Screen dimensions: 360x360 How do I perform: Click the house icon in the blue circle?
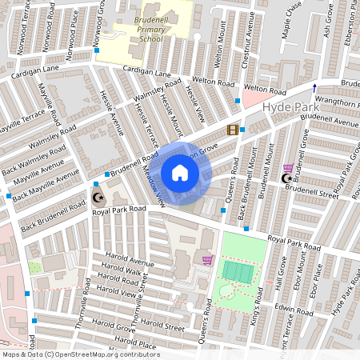[180, 173]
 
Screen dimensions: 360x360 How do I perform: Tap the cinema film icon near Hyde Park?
[232, 130]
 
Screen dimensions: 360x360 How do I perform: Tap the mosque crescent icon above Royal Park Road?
[98, 197]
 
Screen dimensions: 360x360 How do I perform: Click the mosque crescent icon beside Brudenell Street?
[286, 178]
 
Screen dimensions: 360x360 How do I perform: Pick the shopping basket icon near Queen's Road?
[207, 260]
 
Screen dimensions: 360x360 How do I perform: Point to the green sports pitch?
[237, 270]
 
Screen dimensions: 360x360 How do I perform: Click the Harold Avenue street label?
[128, 262]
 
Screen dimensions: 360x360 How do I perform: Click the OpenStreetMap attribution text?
[80, 354]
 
